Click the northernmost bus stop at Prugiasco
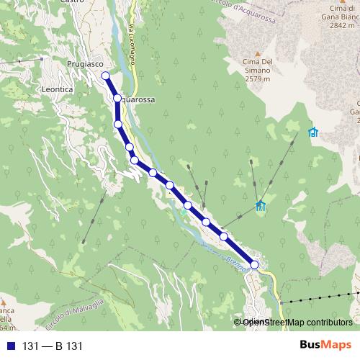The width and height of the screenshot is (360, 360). coord(105,75)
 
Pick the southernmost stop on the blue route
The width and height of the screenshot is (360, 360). coord(254,265)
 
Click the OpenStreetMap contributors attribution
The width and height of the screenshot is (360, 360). coord(297,323)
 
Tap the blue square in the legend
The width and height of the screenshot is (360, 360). coord(11,346)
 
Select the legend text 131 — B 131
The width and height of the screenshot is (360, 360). coord(53,346)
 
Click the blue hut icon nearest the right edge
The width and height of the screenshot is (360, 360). coord(312,132)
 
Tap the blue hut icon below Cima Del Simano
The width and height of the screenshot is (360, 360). coord(260,206)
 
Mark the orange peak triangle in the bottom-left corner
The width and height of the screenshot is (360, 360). coord(4,301)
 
